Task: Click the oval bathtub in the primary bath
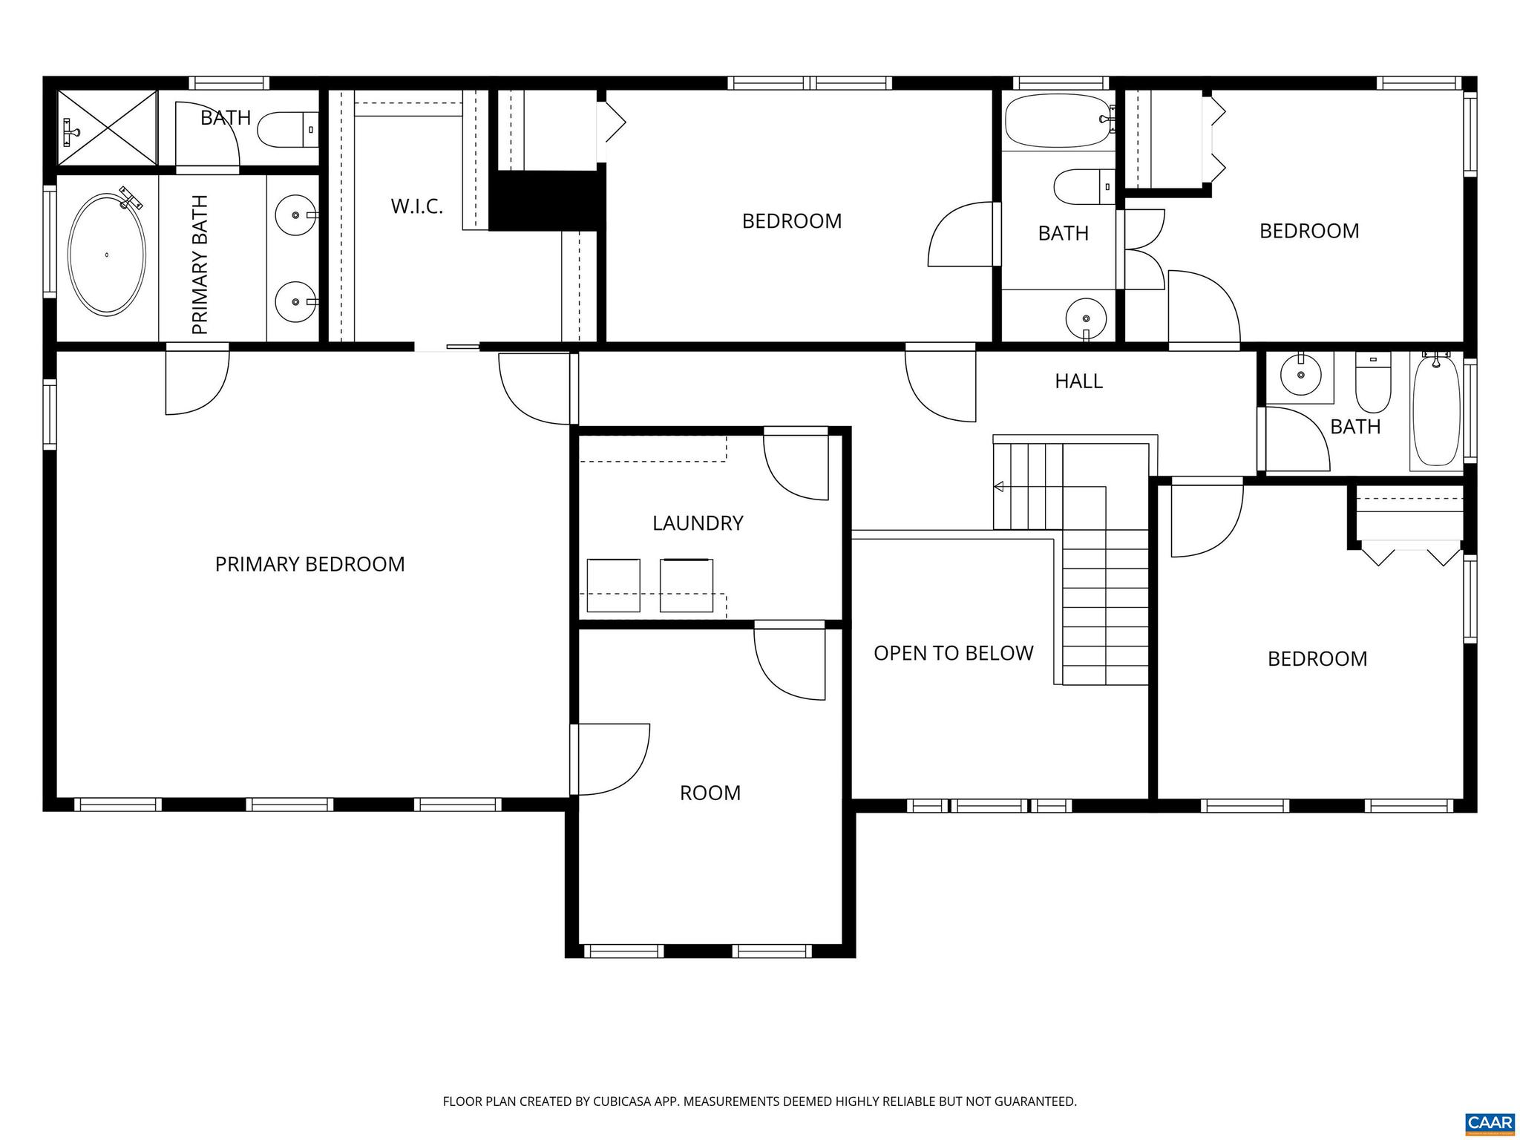[x=107, y=255]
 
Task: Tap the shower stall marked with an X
[x=108, y=128]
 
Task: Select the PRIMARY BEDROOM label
[x=309, y=564]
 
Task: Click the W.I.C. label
[x=416, y=206]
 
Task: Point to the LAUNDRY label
[x=697, y=523]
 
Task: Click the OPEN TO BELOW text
[x=953, y=653]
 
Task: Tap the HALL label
[x=1078, y=381]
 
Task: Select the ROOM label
[x=710, y=793]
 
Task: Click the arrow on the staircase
[x=999, y=487]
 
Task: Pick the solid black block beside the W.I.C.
[x=547, y=200]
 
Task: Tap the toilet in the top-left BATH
[x=286, y=130]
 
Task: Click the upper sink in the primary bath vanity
[x=295, y=215]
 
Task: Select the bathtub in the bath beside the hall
[x=1436, y=412]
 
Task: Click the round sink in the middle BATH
[x=1085, y=318]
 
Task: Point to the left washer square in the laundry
[x=613, y=586]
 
